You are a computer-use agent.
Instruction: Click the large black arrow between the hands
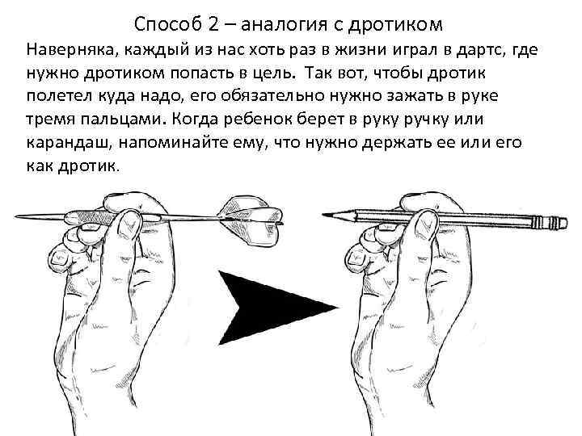(275, 307)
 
